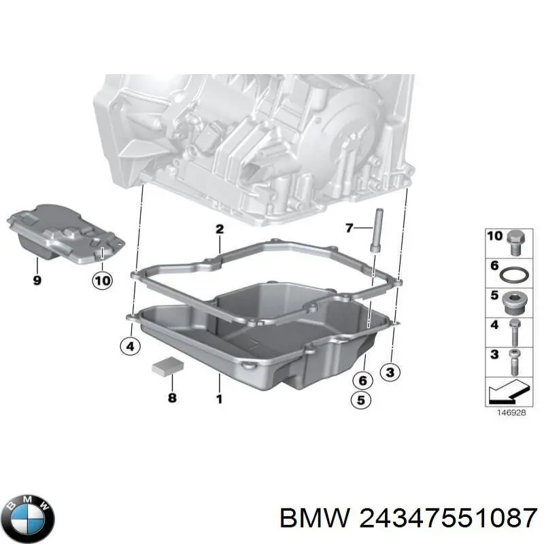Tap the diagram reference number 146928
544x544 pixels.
(511, 413)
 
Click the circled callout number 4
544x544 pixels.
(130, 346)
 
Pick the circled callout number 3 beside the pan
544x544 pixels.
(390, 372)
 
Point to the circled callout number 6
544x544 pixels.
(362, 381)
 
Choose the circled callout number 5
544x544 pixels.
(361, 400)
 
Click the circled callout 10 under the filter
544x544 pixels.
(103, 280)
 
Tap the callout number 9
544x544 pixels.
(37, 280)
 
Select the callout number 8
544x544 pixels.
(172, 397)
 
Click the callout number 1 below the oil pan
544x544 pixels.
(219, 399)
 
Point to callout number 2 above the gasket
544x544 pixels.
(219, 229)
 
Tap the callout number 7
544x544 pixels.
(350, 228)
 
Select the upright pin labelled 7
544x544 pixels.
(377, 231)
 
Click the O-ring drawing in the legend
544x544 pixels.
(514, 275)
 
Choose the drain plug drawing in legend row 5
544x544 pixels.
(513, 303)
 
